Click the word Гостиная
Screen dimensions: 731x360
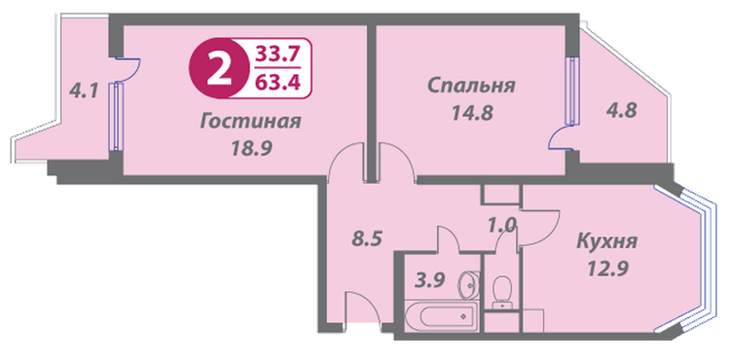point(250,122)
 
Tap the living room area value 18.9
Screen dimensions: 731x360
point(251,149)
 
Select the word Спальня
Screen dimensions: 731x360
point(471,86)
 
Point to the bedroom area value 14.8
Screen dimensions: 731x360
point(472,112)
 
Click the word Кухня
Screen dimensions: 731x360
point(607,242)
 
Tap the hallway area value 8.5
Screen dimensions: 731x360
point(366,239)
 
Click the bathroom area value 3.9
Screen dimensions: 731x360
point(430,281)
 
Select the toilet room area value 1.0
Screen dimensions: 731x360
point(502,227)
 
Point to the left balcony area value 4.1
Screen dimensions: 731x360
point(83,90)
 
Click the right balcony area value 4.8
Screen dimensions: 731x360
point(621,111)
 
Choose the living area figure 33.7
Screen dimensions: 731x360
point(277,55)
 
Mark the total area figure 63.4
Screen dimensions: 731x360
point(277,82)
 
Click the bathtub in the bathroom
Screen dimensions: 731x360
point(440,317)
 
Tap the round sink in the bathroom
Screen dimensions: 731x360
point(467,285)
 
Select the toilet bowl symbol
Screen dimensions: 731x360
point(502,290)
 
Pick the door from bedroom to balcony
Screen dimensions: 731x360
point(562,139)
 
